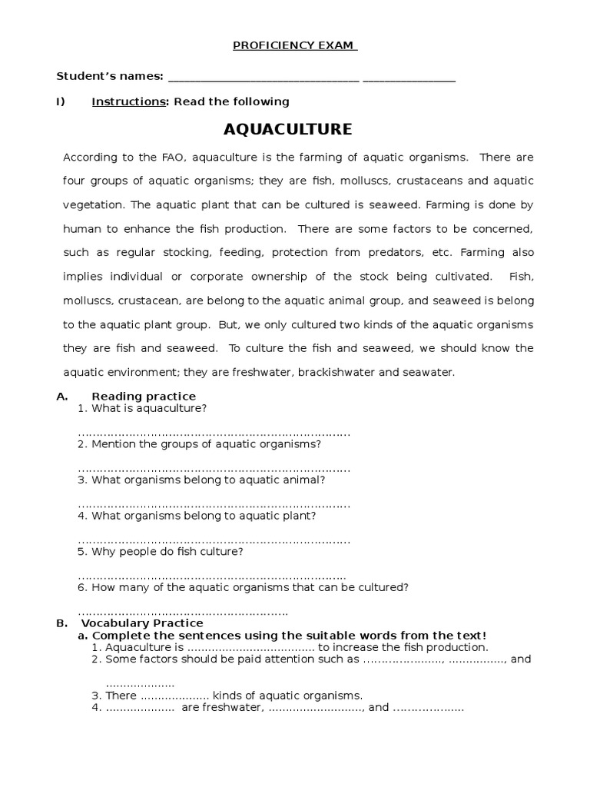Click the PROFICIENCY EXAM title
(x=295, y=45)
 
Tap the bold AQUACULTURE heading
(x=287, y=129)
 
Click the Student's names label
(x=110, y=76)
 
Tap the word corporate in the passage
(x=223, y=277)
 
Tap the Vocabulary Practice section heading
(x=142, y=623)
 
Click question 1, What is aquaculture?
(x=142, y=408)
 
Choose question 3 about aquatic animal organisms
(x=201, y=480)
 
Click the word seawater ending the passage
(x=431, y=372)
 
